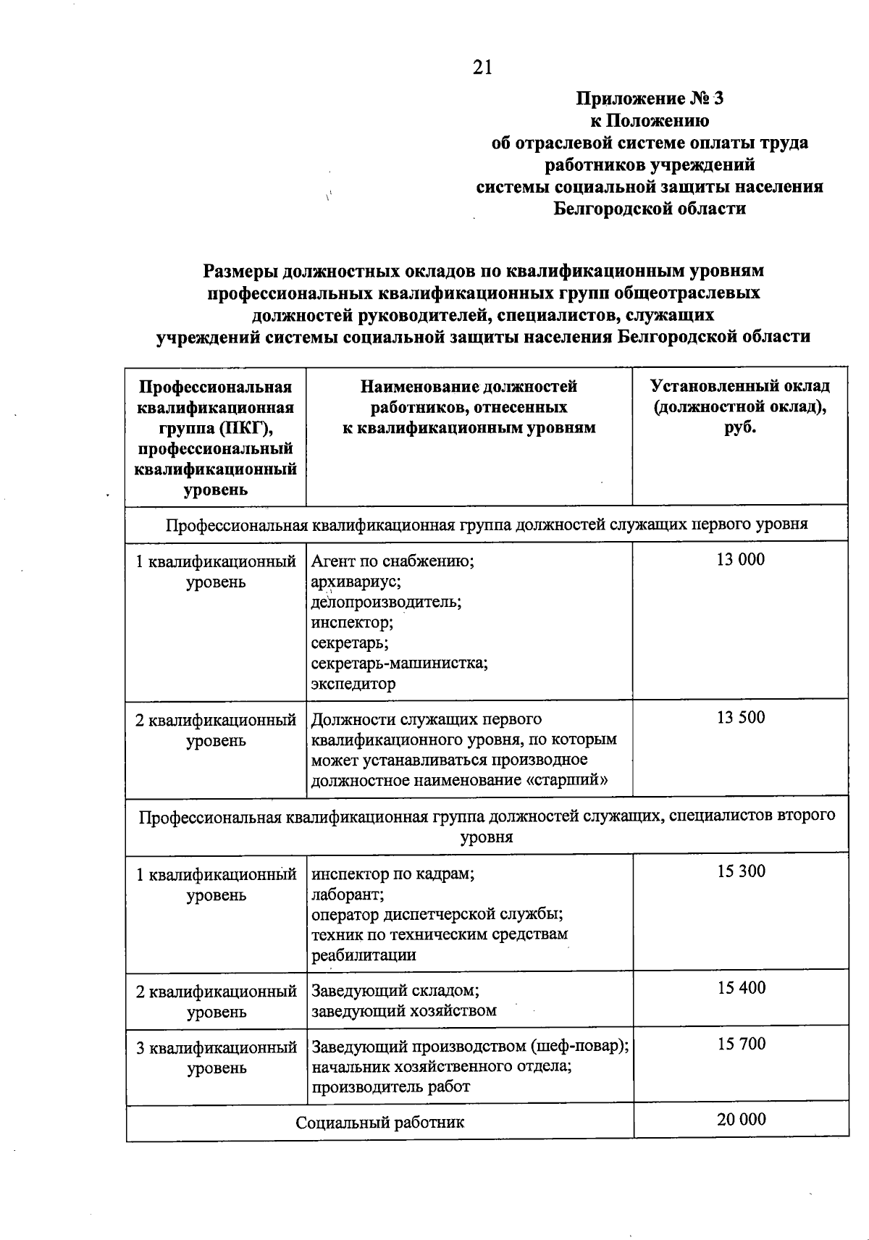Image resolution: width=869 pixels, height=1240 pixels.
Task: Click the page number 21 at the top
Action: pyautogui.click(x=482, y=67)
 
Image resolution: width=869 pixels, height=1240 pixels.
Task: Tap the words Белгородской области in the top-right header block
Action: pyautogui.click(x=649, y=209)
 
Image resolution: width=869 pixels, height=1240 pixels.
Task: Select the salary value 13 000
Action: pyautogui.click(x=740, y=559)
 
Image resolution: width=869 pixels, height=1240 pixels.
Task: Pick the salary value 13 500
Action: pyautogui.click(x=740, y=717)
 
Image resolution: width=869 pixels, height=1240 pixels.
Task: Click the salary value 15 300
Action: pyautogui.click(x=741, y=871)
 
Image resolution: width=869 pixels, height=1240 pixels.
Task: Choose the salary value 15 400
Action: pyautogui.click(x=741, y=988)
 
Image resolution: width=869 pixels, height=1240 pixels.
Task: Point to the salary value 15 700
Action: pyautogui.click(x=741, y=1044)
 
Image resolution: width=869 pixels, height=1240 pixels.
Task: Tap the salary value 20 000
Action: pyautogui.click(x=741, y=1119)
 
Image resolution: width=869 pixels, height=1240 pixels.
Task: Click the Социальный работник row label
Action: pyautogui.click(x=379, y=1123)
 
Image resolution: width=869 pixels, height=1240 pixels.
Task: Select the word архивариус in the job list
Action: pyautogui.click(x=356, y=581)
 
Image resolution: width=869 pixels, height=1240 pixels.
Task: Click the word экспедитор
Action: pyautogui.click(x=353, y=683)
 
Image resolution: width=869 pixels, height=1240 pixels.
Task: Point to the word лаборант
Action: pyautogui.click(x=347, y=894)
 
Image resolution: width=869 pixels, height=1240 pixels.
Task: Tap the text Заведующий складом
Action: pyautogui.click(x=395, y=990)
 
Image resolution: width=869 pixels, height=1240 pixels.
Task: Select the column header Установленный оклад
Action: pyautogui.click(x=739, y=387)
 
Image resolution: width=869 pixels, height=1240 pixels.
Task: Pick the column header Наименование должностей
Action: pyautogui.click(x=469, y=387)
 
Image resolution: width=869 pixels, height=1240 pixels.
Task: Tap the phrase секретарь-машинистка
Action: pyautogui.click(x=399, y=663)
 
